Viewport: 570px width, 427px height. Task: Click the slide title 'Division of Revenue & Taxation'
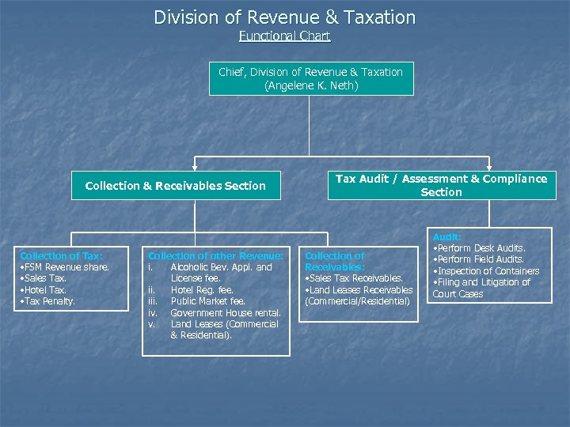tap(284, 17)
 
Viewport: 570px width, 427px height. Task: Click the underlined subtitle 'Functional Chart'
tap(284, 36)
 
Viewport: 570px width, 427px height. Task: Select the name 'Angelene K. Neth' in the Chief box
tap(311, 85)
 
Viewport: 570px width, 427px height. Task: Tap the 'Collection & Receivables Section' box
tap(175, 186)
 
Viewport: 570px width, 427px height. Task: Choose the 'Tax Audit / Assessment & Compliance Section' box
tap(441, 185)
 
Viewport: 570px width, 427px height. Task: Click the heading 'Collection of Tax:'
tap(61, 255)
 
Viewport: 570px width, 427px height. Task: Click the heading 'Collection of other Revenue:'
tap(215, 255)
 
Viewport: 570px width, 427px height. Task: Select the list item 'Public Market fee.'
tap(208, 301)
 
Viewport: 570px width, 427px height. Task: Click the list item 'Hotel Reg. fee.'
tap(202, 290)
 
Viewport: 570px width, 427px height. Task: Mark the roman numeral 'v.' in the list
tap(153, 324)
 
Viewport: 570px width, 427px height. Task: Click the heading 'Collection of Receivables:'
tap(335, 261)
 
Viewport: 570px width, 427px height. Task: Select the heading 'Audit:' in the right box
tap(446, 236)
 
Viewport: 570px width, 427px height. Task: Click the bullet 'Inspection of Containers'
tap(485, 271)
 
